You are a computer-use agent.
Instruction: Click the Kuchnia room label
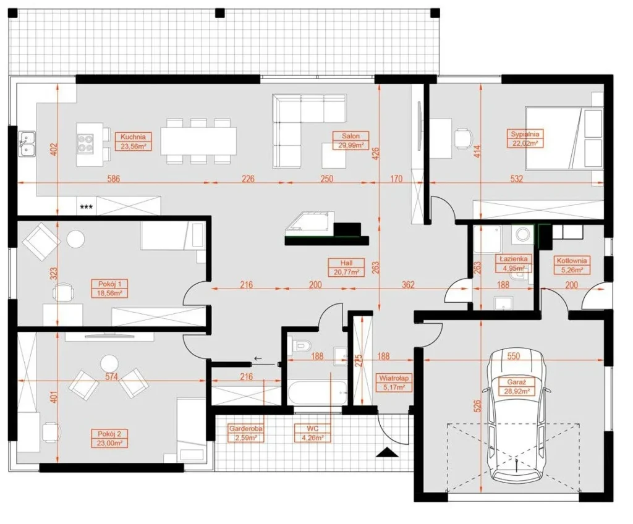coord(134,142)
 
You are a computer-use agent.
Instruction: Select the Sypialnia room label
coord(525,138)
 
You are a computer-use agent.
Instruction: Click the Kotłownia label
coord(572,265)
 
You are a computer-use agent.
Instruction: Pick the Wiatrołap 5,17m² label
coord(394,383)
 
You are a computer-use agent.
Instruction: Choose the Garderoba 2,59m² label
coord(245,433)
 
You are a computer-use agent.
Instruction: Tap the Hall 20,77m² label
coord(346,267)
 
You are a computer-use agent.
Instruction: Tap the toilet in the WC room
coord(302,346)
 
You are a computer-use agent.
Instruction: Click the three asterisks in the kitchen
coord(87,208)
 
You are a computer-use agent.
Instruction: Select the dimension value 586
coord(114,178)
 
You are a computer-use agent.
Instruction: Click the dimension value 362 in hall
coord(408,285)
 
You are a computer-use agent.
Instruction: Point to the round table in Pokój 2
coord(109,363)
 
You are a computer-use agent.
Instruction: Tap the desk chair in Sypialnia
coord(463,139)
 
